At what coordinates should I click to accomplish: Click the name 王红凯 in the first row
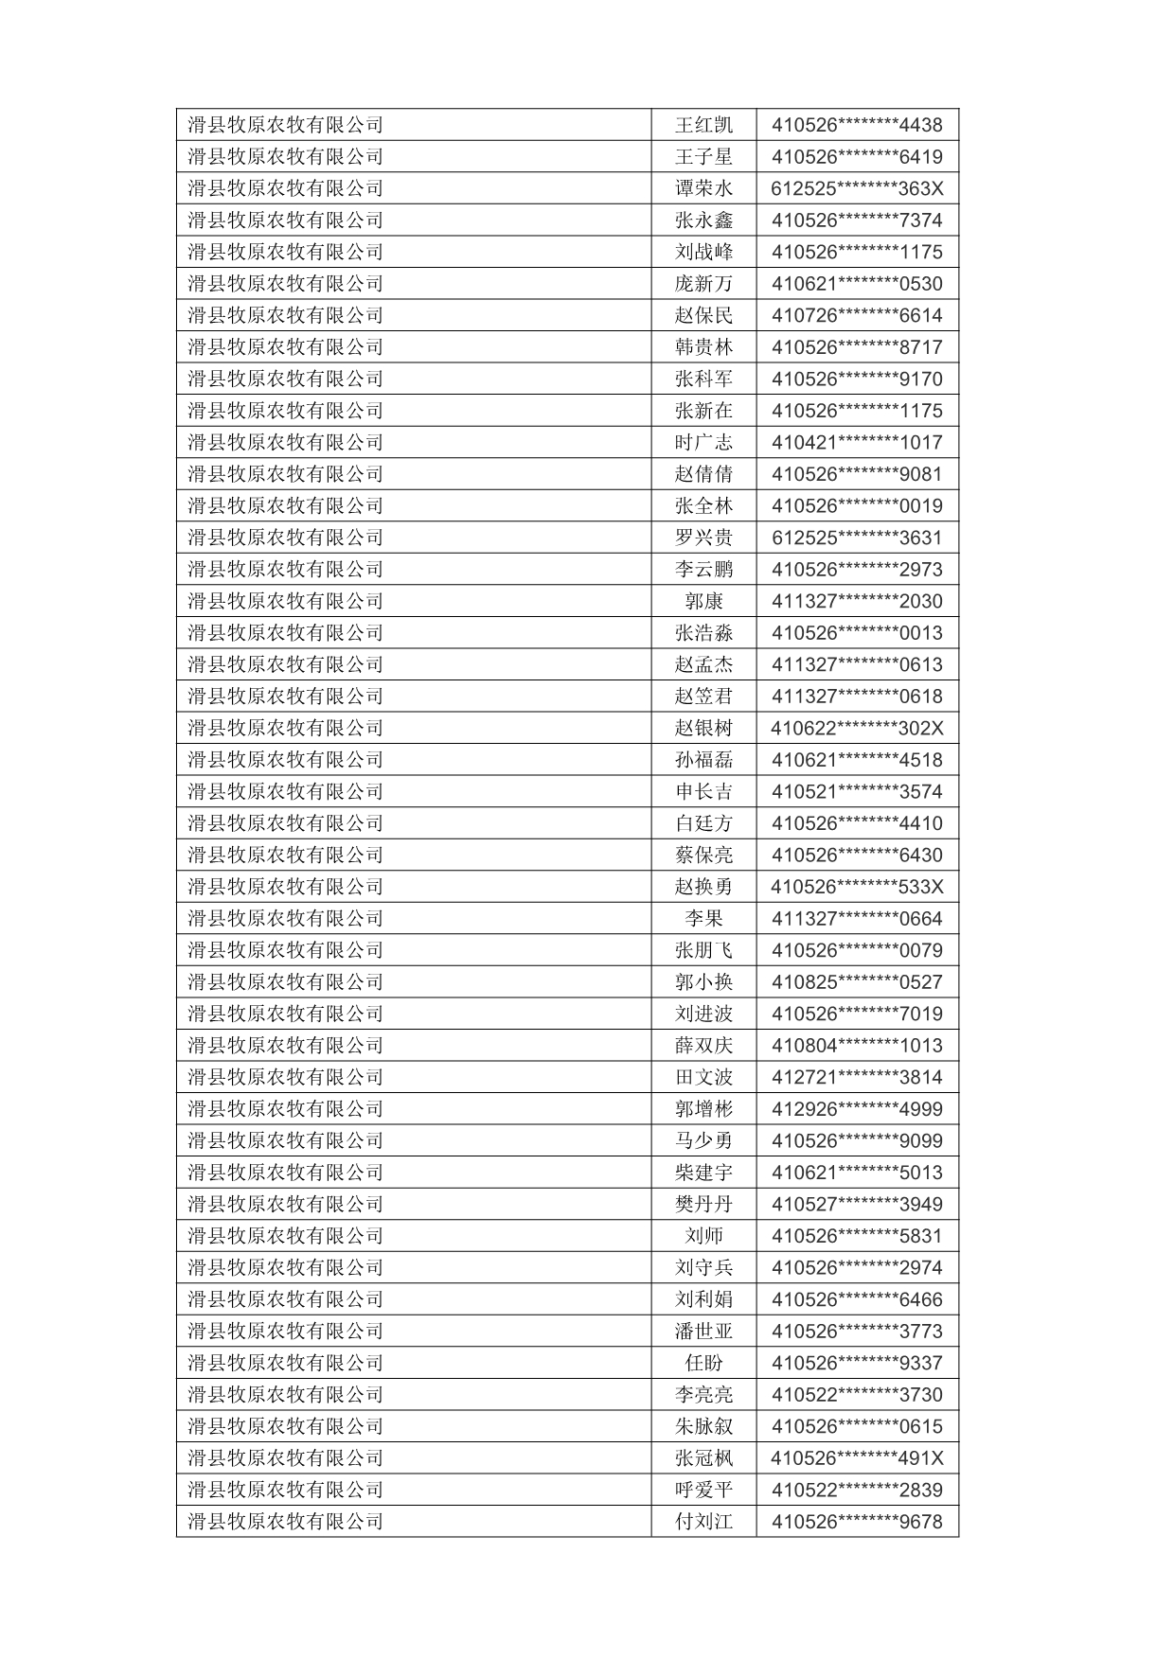pyautogui.click(x=703, y=125)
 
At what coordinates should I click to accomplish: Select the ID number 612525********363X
pyautogui.click(x=857, y=188)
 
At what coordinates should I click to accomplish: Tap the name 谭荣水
pyautogui.click(x=703, y=188)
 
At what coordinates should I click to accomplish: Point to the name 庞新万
pyautogui.click(x=703, y=284)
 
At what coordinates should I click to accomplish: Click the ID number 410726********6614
pyautogui.click(x=857, y=315)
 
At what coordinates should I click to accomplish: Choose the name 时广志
pyautogui.click(x=703, y=442)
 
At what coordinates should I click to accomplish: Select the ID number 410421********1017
pyautogui.click(x=857, y=442)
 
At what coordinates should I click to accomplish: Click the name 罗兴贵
pyautogui.click(x=703, y=538)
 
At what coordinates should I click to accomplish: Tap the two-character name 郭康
pyautogui.click(x=703, y=601)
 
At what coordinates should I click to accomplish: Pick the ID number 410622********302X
pyautogui.click(x=857, y=728)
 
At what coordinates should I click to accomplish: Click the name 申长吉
pyautogui.click(x=703, y=791)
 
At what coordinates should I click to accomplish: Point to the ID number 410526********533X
pyautogui.click(x=857, y=887)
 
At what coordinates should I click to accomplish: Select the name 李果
pyautogui.click(x=703, y=918)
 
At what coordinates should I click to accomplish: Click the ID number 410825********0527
pyautogui.click(x=857, y=981)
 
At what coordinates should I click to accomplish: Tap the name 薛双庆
pyautogui.click(x=703, y=1046)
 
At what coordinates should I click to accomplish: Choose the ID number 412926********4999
pyautogui.click(x=857, y=1109)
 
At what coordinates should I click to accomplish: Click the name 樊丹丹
pyautogui.click(x=703, y=1204)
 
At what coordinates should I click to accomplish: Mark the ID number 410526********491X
pyautogui.click(x=857, y=1458)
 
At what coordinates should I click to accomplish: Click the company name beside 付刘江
pyautogui.click(x=285, y=1522)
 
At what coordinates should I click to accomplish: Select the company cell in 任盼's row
pyautogui.click(x=285, y=1363)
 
